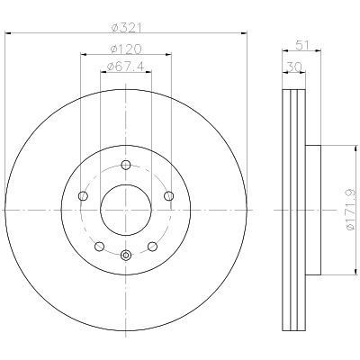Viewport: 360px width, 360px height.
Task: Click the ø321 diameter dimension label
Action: [x=126, y=28]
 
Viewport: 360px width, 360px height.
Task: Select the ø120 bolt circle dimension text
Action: [x=126, y=49]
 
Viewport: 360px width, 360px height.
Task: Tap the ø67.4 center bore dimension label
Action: [x=126, y=67]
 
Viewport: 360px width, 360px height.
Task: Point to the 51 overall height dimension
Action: [x=301, y=46]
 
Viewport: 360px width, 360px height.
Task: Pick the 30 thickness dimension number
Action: [x=294, y=67]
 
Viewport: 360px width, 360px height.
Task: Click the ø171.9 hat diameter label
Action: [x=350, y=210]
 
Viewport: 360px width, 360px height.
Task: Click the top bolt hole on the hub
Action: [x=126, y=165]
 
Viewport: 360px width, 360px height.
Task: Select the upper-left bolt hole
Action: [x=83, y=196]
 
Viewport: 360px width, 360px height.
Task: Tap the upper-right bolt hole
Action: [x=169, y=196]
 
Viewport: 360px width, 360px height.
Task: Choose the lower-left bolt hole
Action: [x=99, y=247]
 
